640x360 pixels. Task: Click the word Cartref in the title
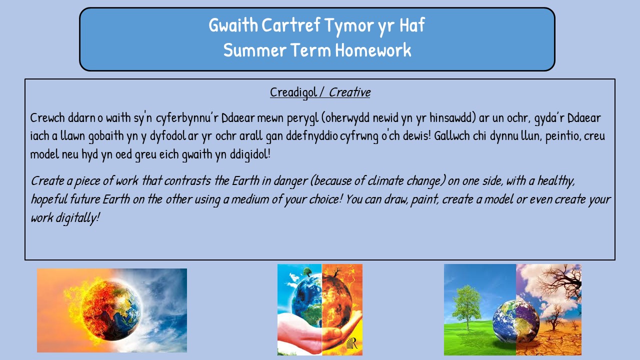(290, 25)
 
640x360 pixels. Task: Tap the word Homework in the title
(373, 50)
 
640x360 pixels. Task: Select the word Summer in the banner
(255, 50)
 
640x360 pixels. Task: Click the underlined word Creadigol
(293, 92)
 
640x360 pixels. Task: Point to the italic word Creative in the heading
(349, 92)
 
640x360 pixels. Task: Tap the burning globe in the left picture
(110, 309)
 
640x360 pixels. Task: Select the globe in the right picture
(516, 321)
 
